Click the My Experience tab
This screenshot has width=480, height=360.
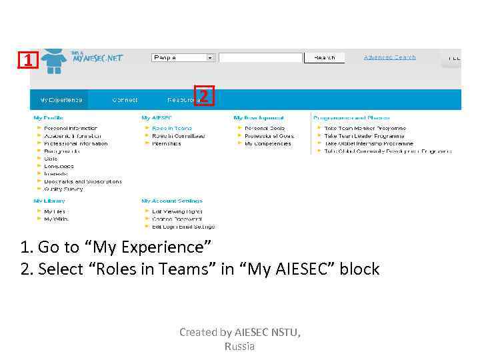[x=61, y=100]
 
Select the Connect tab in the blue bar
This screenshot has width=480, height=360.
[x=125, y=100]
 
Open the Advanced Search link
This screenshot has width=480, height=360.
[x=389, y=57]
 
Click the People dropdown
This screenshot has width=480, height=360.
[x=183, y=58]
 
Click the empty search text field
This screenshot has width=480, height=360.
[x=261, y=58]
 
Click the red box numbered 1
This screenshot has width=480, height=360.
[x=27, y=61]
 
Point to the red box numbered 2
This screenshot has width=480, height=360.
[x=205, y=97]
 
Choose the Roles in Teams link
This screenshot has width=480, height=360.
[x=171, y=128]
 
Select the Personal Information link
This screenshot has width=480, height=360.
[x=71, y=128]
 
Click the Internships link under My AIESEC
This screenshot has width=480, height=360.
[x=167, y=143]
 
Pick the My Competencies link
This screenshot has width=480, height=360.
[x=267, y=143]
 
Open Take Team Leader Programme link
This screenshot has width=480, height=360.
[x=365, y=135]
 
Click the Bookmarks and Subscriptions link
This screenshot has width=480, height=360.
[x=83, y=181]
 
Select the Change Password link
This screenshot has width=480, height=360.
[x=171, y=219]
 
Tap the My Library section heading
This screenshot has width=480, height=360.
[x=49, y=201]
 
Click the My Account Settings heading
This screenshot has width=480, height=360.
[x=171, y=201]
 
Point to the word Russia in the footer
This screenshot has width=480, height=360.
[x=239, y=347]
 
